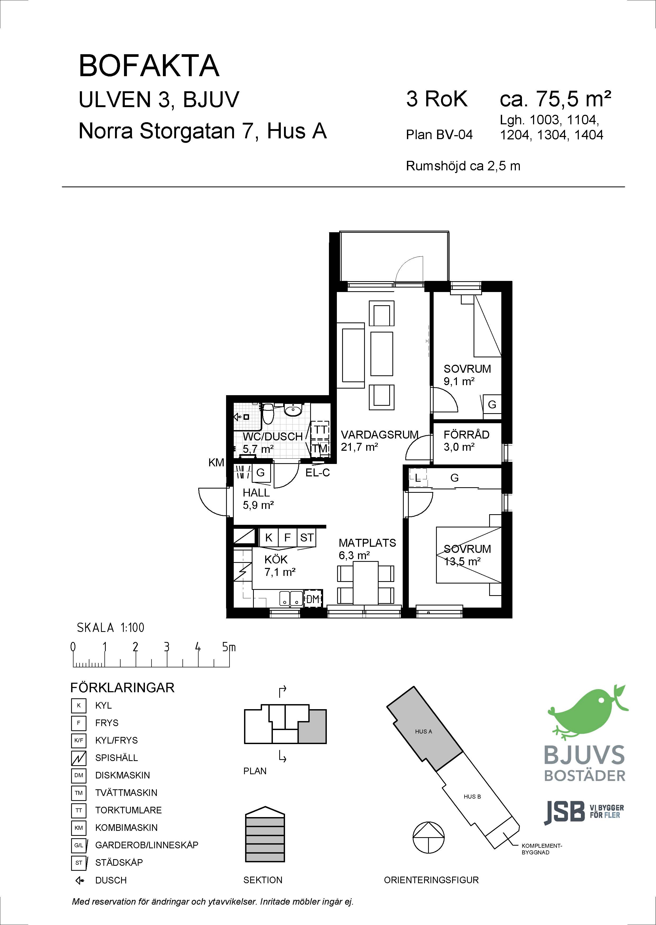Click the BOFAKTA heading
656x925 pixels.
tap(149, 66)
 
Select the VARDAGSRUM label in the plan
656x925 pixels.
tap(379, 435)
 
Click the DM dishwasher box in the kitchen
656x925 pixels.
tap(313, 600)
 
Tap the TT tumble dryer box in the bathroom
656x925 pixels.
tap(320, 430)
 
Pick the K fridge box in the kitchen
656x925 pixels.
tap(269, 538)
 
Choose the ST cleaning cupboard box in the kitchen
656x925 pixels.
tap(307, 538)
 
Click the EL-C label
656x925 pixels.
tap(318, 472)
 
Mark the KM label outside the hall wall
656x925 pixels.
tap(216, 463)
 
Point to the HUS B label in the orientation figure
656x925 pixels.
tap(472, 796)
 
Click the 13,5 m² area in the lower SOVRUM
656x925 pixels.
tap(462, 561)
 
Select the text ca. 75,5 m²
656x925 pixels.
tap(556, 99)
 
